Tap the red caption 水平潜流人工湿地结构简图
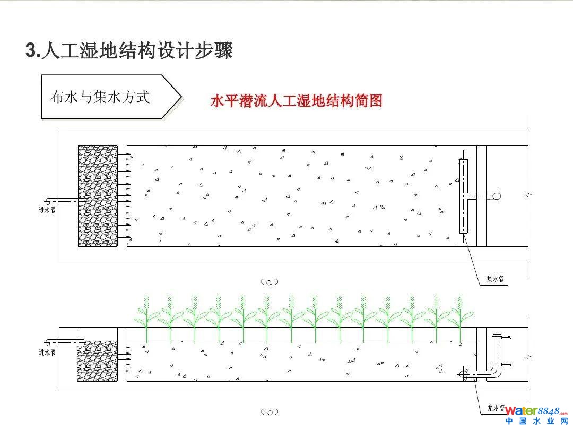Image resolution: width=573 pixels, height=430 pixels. click(296, 100)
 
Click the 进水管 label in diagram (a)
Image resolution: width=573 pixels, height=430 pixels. click(47, 210)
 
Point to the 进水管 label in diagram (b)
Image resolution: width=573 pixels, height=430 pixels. click(47, 351)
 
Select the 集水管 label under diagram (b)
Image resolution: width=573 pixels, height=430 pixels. click(496, 408)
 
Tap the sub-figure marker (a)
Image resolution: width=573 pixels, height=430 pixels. click(270, 282)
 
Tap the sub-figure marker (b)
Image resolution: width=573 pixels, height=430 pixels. click(270, 411)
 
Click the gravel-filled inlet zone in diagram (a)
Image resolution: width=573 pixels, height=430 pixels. click(98, 196)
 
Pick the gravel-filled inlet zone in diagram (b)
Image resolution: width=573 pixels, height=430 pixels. click(97, 361)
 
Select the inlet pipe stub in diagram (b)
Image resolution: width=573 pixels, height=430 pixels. click(65, 342)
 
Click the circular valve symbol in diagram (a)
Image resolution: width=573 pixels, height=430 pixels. click(497, 196)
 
